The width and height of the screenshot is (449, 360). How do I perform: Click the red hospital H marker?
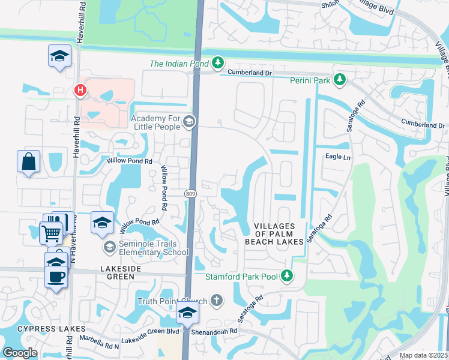coord(79,91)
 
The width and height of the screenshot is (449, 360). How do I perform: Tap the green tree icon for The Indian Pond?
coord(218,63)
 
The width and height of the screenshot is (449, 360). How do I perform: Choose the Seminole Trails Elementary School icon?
coord(109,247)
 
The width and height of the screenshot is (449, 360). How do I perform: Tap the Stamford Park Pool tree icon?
coord(288,276)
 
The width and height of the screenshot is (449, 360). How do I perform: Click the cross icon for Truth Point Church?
coord(215,301)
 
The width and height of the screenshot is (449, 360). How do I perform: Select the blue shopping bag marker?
coord(28,161)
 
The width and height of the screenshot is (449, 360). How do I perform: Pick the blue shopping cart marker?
coord(51,232)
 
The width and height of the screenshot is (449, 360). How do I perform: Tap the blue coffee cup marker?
coord(56,277)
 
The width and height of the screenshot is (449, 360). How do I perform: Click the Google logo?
coord(20,352)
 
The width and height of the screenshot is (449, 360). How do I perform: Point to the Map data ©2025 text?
coord(423,355)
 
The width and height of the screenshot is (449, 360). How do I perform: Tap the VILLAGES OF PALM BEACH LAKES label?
coord(270,233)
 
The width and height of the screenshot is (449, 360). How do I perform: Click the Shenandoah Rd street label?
coord(215,331)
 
